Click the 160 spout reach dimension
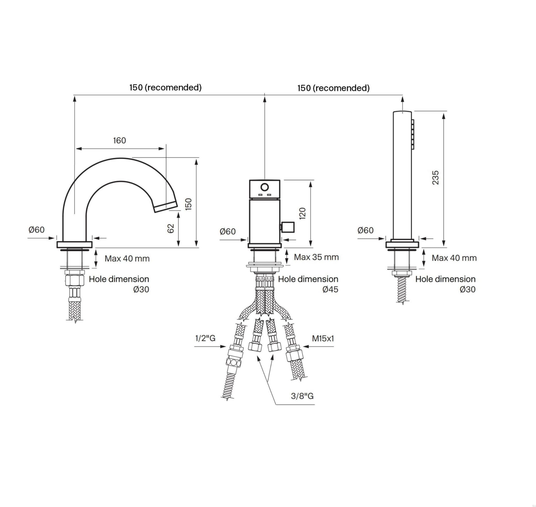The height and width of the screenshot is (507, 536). [x=119, y=140]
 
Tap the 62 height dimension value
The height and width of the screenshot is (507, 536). [x=171, y=229]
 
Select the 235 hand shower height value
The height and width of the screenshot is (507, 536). [x=435, y=178]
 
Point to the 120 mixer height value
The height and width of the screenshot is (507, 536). [x=303, y=213]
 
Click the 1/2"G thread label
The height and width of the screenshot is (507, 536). [x=205, y=338]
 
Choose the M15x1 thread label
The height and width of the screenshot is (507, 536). [x=323, y=338]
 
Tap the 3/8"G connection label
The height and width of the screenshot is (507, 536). [x=302, y=396]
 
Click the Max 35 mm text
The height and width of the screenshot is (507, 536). [x=316, y=257]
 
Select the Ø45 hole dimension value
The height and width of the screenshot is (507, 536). [x=330, y=289]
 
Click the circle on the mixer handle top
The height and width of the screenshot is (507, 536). [x=264, y=187]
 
